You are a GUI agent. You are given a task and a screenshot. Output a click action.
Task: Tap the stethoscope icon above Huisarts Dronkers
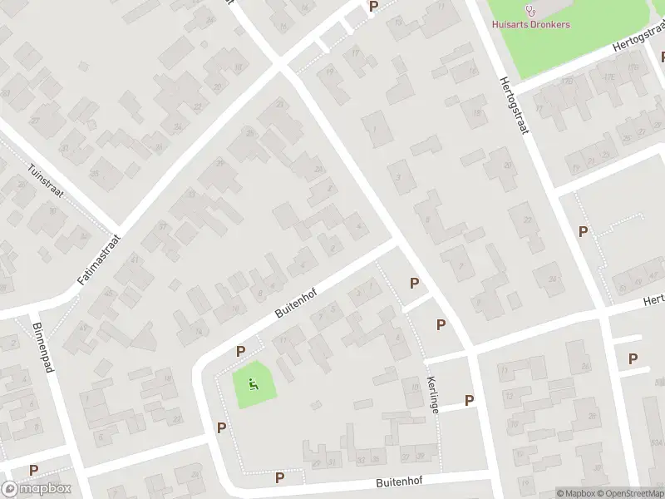(531, 10)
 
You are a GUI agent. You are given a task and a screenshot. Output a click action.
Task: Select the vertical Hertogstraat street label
(514, 107)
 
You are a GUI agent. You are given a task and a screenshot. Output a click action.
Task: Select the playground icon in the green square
(254, 383)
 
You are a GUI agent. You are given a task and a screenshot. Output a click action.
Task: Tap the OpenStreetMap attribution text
(630, 493)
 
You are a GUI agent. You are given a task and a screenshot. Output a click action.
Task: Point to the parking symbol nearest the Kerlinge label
(469, 400)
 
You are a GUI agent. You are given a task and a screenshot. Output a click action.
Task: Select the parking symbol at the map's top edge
(373, 6)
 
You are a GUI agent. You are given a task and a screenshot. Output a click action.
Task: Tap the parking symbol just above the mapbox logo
(33, 470)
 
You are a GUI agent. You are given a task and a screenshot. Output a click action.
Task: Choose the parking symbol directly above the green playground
(240, 352)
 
